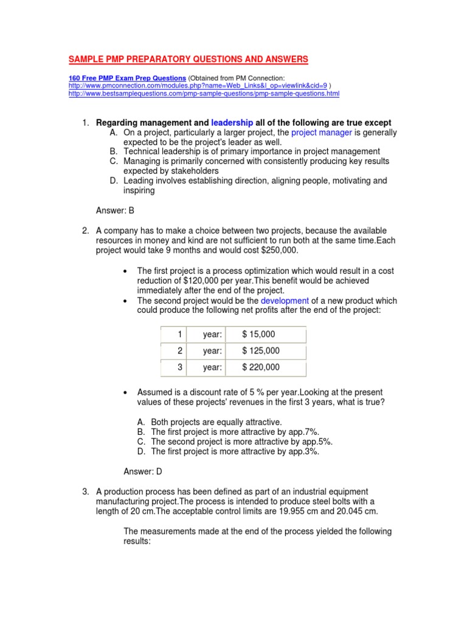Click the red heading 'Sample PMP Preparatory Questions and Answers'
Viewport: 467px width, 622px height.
click(x=188, y=59)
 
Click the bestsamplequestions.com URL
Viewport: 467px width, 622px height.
click(x=204, y=94)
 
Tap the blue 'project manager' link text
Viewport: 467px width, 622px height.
click(x=322, y=132)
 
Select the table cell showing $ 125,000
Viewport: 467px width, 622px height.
click(x=261, y=350)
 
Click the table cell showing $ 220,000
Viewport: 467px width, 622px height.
click(x=261, y=367)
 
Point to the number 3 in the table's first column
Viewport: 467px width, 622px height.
click(x=179, y=367)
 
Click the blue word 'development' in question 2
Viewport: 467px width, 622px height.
click(x=285, y=301)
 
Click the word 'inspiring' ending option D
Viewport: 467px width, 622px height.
click(x=139, y=190)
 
